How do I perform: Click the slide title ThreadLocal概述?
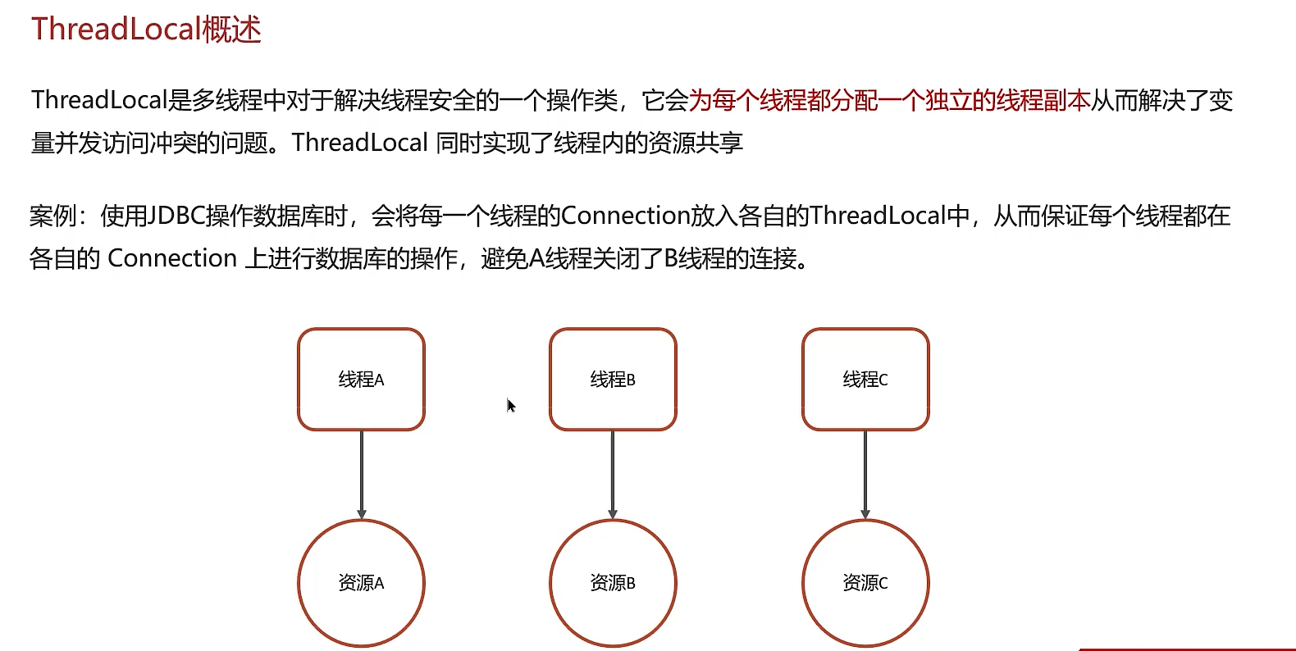[x=146, y=30]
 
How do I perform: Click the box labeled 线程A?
[x=361, y=380]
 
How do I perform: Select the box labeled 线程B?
[x=613, y=380]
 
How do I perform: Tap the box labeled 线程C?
[x=865, y=380]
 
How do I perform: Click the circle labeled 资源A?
[x=361, y=583]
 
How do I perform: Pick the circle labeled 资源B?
[x=613, y=583]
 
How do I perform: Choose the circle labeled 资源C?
[x=865, y=583]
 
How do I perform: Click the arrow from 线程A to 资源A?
[x=362, y=474]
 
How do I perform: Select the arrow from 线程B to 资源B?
[x=613, y=474]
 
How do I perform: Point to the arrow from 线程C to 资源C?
[x=865, y=474]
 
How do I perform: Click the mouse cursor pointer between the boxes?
[x=510, y=405]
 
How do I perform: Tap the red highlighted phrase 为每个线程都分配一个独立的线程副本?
[x=889, y=101]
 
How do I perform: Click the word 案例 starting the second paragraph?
[x=52, y=216]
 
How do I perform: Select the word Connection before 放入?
[x=625, y=216]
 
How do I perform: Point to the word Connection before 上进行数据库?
[x=172, y=259]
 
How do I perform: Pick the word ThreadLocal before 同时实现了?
[x=359, y=143]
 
